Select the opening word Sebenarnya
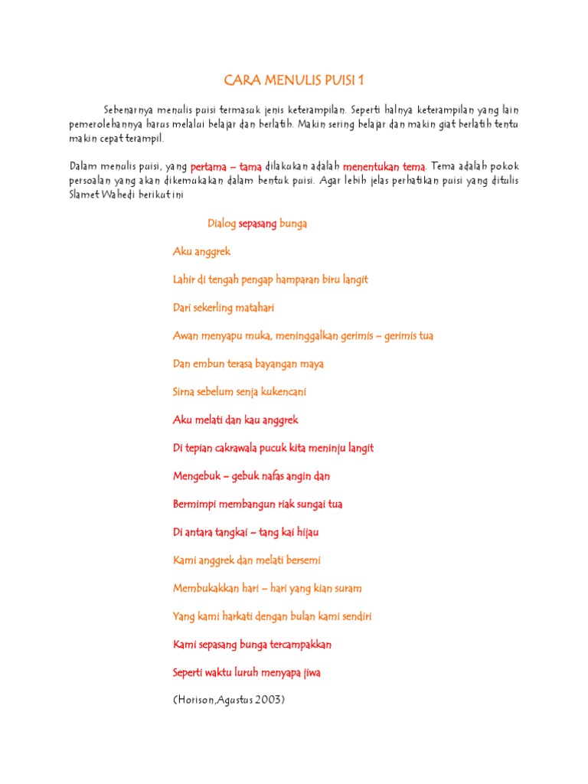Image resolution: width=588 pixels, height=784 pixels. pyautogui.click(x=129, y=109)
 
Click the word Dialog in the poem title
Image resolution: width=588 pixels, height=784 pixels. pyautogui.click(x=221, y=224)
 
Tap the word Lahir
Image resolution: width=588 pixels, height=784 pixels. pyautogui.click(x=184, y=279)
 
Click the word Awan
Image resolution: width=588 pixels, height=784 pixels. pyautogui.click(x=185, y=336)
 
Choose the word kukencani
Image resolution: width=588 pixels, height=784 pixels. pyautogui.click(x=283, y=392)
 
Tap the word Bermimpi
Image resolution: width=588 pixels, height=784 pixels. pyautogui.click(x=194, y=504)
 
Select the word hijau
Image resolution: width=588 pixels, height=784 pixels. pyautogui.click(x=305, y=532)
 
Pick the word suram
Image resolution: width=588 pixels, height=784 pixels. pyautogui.click(x=346, y=589)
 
